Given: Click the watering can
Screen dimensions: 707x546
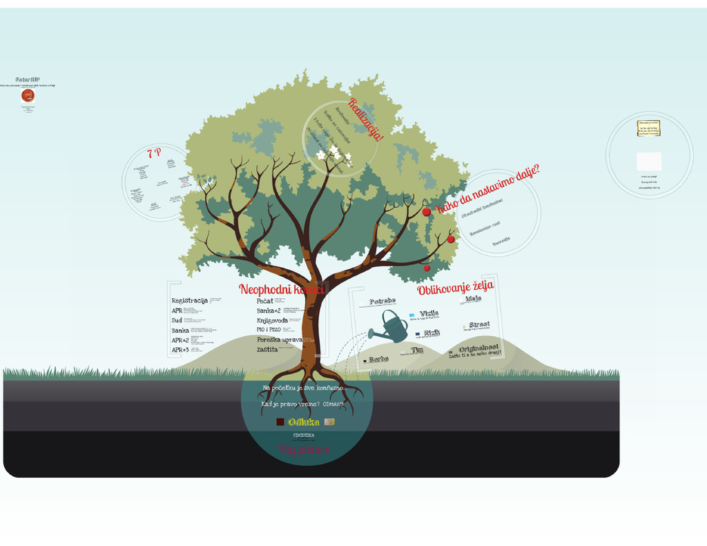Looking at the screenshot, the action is [x=391, y=328].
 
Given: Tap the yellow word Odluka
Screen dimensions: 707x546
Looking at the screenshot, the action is [x=304, y=422].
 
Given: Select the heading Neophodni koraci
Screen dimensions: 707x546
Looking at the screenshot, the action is [x=281, y=289].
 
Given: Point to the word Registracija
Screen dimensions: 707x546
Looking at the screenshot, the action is [x=189, y=300].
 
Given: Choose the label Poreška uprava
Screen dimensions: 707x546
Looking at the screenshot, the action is [x=280, y=340].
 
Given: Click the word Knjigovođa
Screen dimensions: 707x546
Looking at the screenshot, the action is [x=272, y=320].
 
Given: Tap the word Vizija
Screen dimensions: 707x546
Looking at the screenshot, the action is [x=429, y=313].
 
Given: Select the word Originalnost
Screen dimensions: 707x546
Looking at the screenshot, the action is [x=479, y=349].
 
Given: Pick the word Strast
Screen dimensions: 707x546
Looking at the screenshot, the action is [x=479, y=324].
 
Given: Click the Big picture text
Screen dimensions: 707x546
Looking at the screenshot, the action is [x=304, y=450].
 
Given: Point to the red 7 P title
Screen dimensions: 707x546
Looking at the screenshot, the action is [x=154, y=153].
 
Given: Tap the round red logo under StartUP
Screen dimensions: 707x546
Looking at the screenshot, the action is [x=28, y=96].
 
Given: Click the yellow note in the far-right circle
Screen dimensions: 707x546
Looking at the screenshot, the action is [x=648, y=128].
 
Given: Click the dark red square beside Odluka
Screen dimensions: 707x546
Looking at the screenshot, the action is [x=280, y=422].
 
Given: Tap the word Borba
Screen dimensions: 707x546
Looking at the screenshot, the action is [x=378, y=360].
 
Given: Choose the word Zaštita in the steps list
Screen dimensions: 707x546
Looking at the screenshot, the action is [x=267, y=349].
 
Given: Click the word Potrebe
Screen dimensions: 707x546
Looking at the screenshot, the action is [x=382, y=301].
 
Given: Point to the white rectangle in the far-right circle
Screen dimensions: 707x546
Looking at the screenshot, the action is [x=649, y=162].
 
